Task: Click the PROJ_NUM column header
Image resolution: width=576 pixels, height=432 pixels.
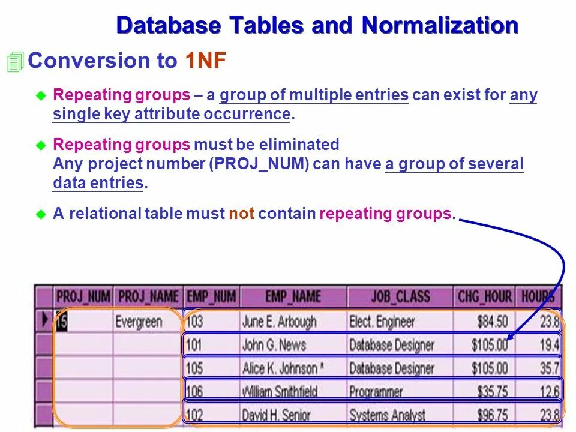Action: point(83,296)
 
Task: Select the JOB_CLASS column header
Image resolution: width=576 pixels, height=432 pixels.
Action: point(400,296)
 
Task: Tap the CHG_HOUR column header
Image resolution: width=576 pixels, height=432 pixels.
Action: point(484,296)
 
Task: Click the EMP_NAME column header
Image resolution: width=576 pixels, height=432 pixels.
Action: point(293,296)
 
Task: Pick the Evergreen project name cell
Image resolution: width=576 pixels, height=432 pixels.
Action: point(139,322)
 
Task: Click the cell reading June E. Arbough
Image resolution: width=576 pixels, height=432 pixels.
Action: point(279,322)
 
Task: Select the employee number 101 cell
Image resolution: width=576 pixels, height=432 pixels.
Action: point(194,345)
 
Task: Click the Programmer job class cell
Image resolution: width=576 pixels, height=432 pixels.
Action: point(376,392)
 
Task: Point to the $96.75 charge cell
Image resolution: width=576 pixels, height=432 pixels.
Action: point(492,415)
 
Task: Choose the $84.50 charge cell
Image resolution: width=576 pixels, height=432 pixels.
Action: point(492,322)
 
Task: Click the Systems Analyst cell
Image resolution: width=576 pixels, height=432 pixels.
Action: point(387,415)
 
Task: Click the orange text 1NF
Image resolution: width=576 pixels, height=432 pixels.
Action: point(205,61)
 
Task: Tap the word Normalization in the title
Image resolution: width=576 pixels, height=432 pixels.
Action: point(440,25)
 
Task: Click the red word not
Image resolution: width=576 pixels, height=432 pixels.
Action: point(241,214)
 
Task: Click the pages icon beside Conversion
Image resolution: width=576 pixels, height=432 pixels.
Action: point(15,62)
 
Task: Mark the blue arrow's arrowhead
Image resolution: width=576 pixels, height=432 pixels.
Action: point(508,339)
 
